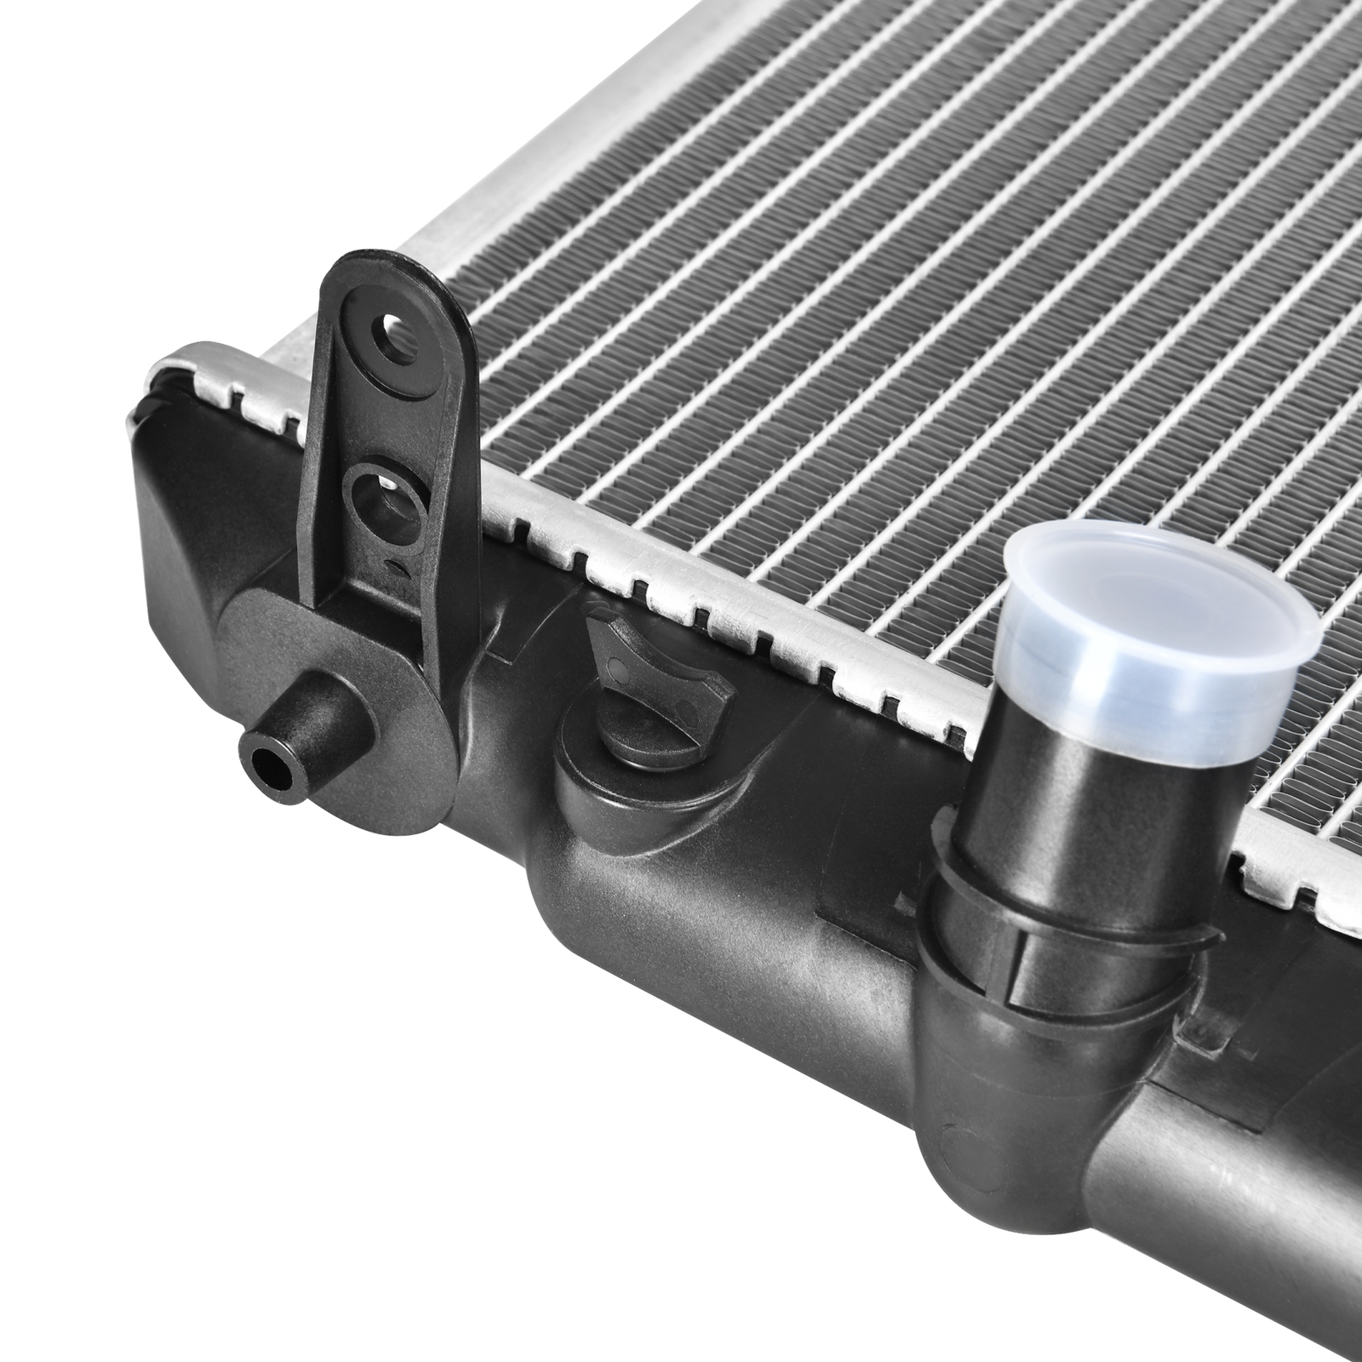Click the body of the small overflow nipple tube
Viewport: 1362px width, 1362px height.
315,732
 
